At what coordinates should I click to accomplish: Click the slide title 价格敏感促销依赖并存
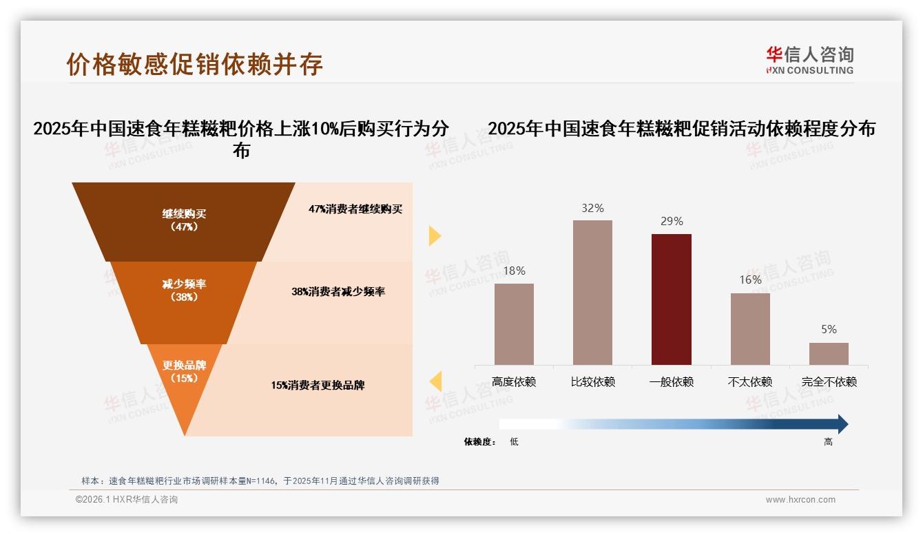[x=195, y=64]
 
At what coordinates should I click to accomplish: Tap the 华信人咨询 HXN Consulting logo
[x=809, y=60]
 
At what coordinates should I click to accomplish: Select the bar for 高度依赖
[x=514, y=324]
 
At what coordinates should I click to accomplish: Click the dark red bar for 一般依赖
[x=672, y=299]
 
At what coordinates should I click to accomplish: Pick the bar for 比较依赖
[x=592, y=292]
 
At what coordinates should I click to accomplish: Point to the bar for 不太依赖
[x=750, y=328]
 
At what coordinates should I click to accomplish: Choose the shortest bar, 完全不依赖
[x=829, y=354]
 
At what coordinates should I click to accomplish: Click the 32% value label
[x=592, y=208]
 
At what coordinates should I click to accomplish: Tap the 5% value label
[x=829, y=330]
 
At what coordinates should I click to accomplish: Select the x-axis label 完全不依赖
[x=829, y=382]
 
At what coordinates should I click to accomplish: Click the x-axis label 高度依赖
[x=514, y=382]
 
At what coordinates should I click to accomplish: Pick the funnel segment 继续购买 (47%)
[x=184, y=220]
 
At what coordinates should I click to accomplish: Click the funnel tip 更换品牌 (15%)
[x=185, y=375]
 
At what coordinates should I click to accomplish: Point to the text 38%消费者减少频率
[x=338, y=292]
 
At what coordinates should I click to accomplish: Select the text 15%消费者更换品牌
[x=318, y=386]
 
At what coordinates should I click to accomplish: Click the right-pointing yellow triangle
[x=434, y=235]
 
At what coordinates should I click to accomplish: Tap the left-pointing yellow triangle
[x=435, y=381]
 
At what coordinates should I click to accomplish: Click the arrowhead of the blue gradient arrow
[x=842, y=424]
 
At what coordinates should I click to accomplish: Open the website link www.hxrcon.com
[x=800, y=500]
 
